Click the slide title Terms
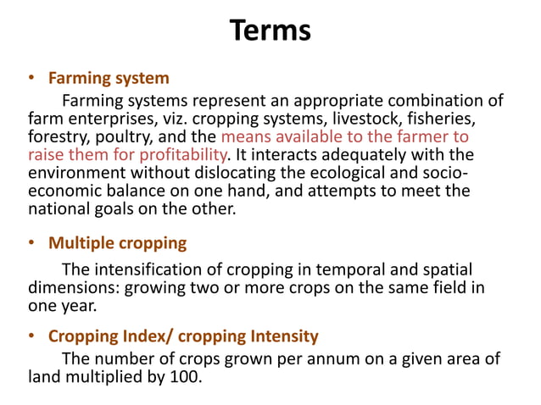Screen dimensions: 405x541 (x=270, y=31)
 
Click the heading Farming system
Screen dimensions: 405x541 (x=109, y=79)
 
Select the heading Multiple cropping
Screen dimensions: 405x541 (x=117, y=243)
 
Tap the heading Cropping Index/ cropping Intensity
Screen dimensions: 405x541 (x=183, y=336)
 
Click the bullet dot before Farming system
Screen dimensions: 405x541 (x=32, y=79)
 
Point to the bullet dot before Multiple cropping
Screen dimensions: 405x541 (x=32, y=243)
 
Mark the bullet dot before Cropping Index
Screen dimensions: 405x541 (x=32, y=336)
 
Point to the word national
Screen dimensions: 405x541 (x=58, y=209)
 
